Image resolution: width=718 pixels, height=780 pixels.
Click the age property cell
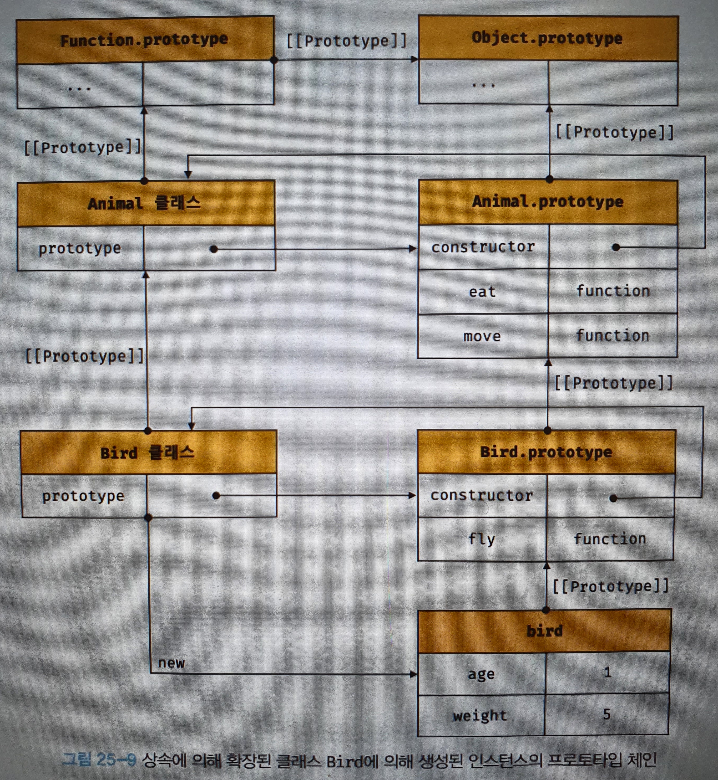[481, 674]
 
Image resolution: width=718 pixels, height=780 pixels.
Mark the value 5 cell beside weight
[606, 714]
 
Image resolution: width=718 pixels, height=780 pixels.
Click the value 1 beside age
[607, 673]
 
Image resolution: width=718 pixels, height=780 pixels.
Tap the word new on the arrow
[171, 663]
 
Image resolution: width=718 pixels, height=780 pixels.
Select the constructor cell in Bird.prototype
[482, 495]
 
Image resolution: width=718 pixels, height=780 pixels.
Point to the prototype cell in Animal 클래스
[80, 249]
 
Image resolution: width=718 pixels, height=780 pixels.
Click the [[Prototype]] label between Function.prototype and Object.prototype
[346, 41]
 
